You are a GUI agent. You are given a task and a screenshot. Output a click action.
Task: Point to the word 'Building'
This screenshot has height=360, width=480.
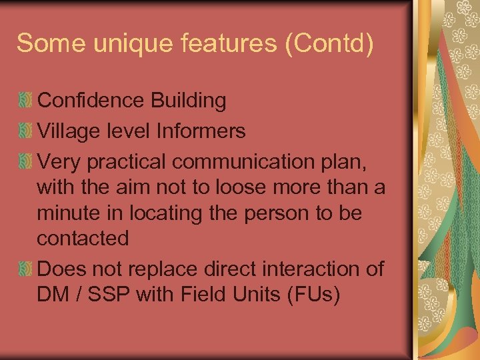pos(188,101)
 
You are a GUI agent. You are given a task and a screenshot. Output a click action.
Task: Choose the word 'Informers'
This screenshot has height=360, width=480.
pos(201,131)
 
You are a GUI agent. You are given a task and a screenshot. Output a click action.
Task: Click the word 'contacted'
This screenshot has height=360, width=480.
pos(83,238)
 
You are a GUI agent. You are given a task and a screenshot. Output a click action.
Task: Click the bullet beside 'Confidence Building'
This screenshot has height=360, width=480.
pos(25,101)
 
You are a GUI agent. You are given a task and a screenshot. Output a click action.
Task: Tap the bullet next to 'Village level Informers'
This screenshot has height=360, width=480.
pos(25,131)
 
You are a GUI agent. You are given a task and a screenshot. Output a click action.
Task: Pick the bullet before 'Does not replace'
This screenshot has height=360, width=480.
pos(25,269)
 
